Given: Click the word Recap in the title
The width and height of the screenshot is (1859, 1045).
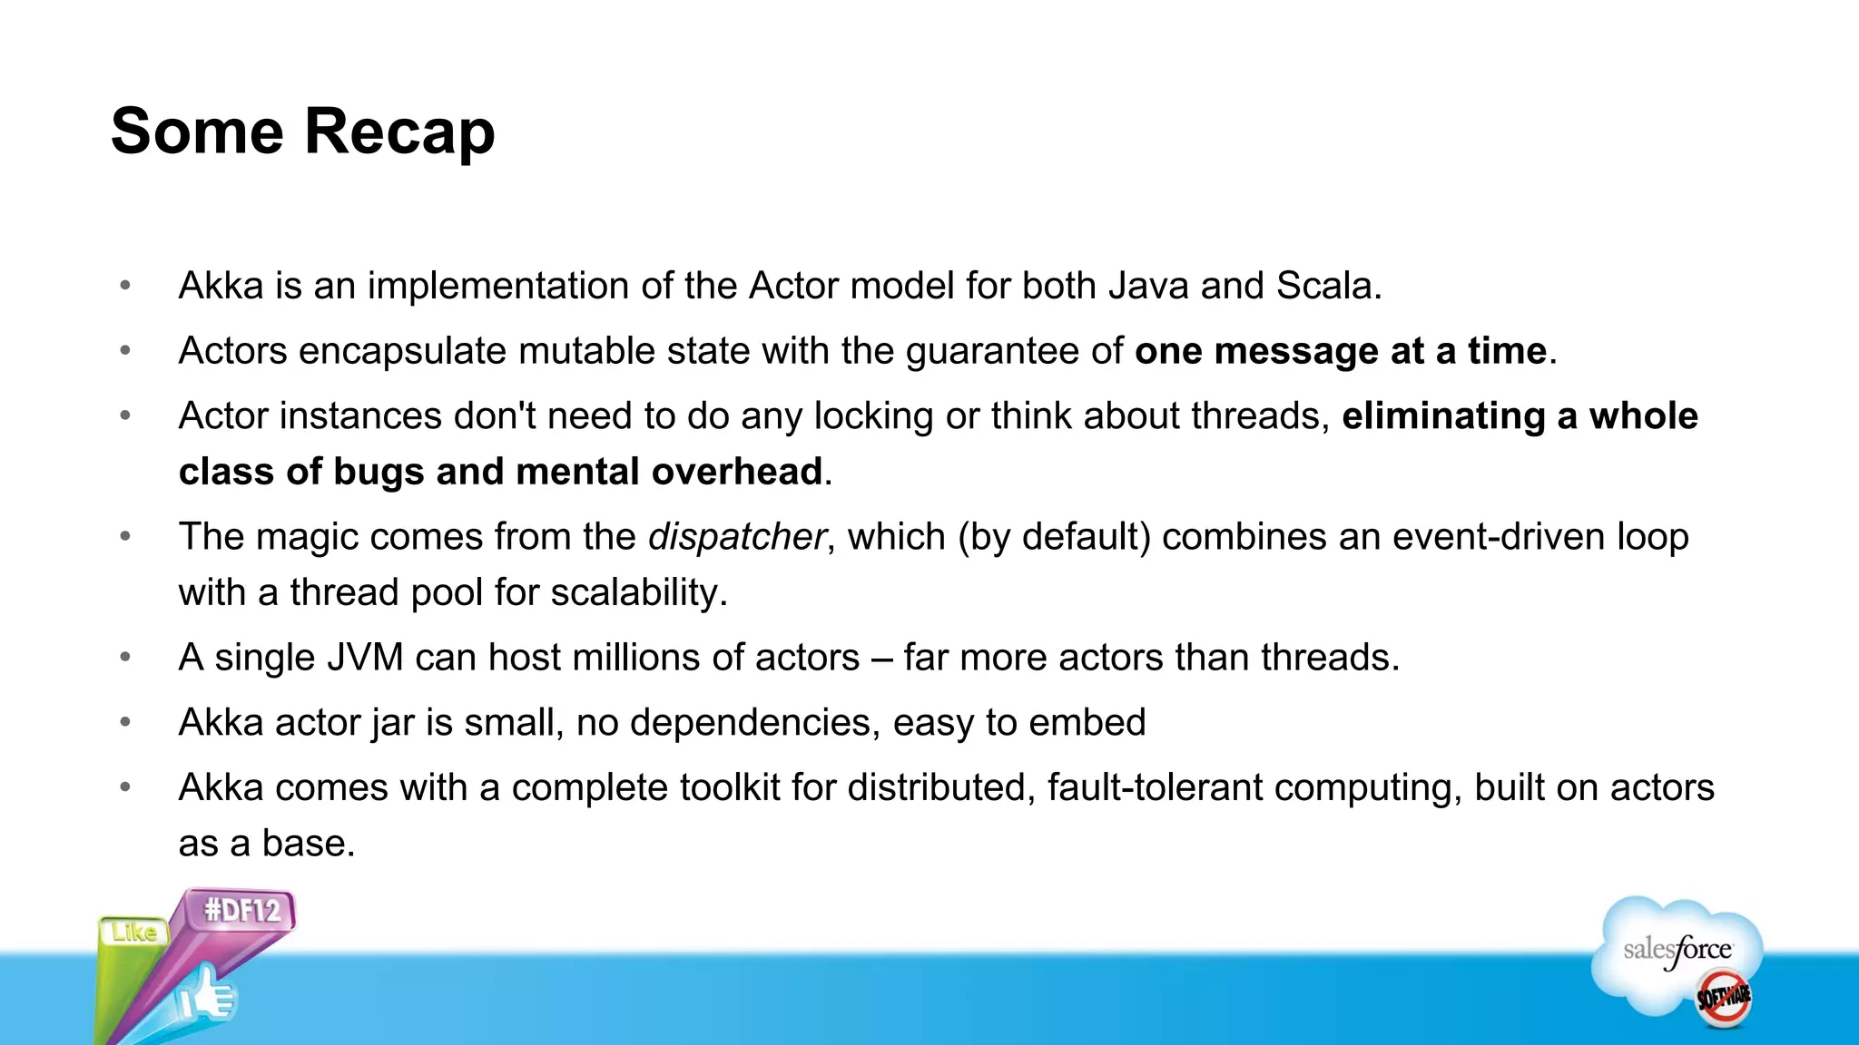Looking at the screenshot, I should coord(399,132).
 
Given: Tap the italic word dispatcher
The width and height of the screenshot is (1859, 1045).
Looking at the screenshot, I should coord(736,537).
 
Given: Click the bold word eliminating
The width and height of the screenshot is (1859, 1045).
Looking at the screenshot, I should coord(1443,416).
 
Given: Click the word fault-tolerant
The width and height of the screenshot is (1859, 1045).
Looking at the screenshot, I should coord(1155,787).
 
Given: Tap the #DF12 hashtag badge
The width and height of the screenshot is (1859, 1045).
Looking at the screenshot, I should coord(242,910).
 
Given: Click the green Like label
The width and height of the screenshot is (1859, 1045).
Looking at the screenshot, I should coord(134,933).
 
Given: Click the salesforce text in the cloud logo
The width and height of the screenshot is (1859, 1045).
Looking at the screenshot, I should coord(1677,951).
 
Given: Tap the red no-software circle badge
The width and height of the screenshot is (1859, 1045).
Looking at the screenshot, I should coord(1723,998).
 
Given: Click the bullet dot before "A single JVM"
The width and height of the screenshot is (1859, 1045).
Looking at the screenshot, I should coord(125,658).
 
